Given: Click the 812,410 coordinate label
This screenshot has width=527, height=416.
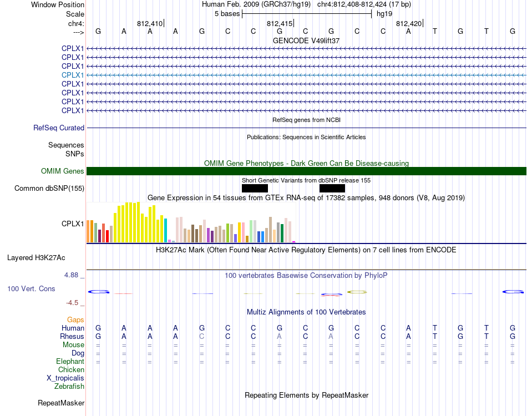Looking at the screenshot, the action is click(150, 23).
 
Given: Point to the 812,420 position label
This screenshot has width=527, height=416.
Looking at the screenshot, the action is click(409, 23).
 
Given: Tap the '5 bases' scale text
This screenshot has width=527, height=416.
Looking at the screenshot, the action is click(227, 14).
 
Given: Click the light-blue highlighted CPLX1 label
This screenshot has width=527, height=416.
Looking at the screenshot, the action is click(73, 75).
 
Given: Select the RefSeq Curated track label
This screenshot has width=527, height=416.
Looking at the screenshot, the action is click(59, 128).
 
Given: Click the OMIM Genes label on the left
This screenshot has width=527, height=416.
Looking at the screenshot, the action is click(63, 171).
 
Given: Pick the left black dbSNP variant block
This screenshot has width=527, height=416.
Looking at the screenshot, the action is click(255, 188).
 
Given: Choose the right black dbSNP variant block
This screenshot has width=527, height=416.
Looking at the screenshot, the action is click(332, 188).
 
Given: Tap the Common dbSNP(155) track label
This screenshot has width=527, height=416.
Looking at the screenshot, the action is click(49, 188).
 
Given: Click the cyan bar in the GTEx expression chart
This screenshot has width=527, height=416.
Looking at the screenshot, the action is click(166, 231).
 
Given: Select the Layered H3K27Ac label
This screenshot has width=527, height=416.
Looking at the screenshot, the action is click(36, 258).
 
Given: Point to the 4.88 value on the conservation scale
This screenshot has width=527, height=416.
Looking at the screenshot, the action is click(71, 275).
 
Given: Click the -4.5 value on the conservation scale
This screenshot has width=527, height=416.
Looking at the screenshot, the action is click(72, 303).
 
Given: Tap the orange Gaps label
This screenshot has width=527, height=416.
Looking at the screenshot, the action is click(75, 319).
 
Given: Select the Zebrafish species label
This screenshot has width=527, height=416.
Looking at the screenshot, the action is click(69, 386).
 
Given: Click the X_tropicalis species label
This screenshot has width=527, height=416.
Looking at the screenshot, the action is click(65, 378).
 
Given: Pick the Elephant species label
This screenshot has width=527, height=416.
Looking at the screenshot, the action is click(70, 361).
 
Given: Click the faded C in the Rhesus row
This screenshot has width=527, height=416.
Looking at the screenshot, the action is click(202, 336).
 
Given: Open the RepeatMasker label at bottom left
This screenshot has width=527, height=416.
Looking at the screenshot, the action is click(61, 403).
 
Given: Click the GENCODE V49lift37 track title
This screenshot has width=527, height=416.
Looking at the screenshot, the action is click(306, 40).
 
